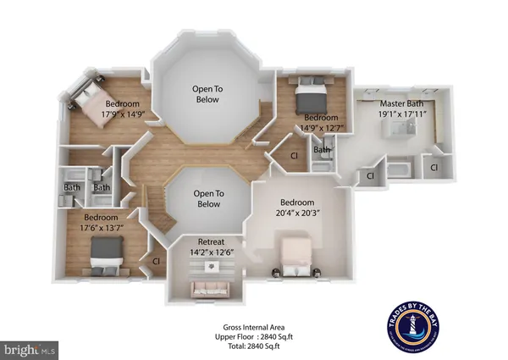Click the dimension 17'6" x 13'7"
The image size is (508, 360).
(98, 226)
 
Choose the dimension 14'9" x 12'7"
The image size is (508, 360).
(322, 127)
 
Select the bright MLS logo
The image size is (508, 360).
(30, 348)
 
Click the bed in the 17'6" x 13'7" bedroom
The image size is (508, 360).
(106, 251)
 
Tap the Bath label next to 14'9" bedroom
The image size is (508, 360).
(322, 151)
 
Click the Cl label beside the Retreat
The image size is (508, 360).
(157, 262)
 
